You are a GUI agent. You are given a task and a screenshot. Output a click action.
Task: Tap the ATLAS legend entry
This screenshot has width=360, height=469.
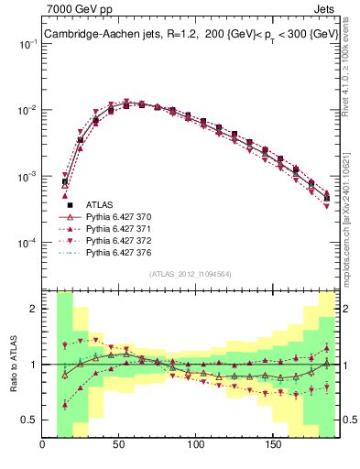pos(100,204)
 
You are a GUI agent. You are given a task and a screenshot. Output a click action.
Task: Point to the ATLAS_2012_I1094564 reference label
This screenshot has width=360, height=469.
pos(191,273)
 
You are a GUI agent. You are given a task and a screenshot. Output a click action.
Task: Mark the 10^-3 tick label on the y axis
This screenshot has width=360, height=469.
pos(27,176)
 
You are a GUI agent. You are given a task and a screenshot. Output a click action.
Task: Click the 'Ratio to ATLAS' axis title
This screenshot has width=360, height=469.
pos(12,364)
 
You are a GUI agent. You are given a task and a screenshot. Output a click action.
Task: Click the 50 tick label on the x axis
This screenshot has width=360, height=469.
pos(119,446)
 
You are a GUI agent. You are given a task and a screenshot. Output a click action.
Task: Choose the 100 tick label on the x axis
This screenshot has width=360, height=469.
pos(195,446)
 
